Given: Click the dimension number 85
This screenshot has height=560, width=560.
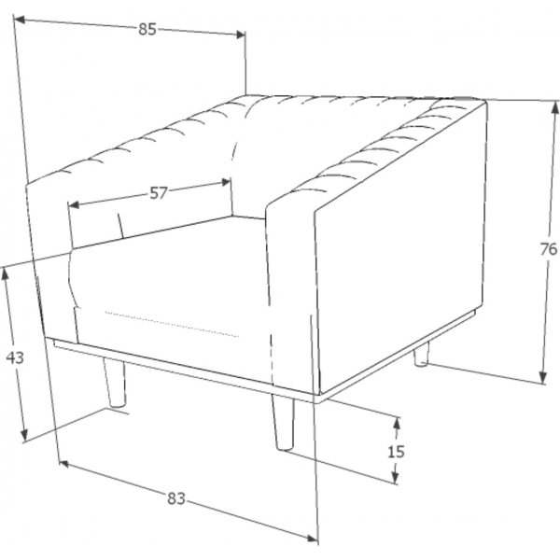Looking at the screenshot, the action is pyautogui.click(x=147, y=29).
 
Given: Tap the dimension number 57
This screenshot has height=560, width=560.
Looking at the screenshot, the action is pyautogui.click(x=159, y=193).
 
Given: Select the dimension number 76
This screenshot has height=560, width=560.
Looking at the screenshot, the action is pyautogui.click(x=549, y=249).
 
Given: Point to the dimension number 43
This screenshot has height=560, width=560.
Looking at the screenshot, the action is pyautogui.click(x=15, y=357).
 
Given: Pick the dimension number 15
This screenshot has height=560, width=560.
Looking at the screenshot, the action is pyautogui.click(x=396, y=452).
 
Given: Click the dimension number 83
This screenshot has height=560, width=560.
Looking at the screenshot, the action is pyautogui.click(x=176, y=498).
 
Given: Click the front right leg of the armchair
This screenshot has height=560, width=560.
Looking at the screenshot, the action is pyautogui.click(x=284, y=422).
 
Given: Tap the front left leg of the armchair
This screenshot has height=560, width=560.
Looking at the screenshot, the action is pyautogui.click(x=114, y=383).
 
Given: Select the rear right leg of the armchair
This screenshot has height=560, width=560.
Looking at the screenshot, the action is pyautogui.click(x=422, y=354).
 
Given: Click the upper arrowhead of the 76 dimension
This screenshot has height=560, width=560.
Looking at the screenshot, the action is pyautogui.click(x=555, y=107).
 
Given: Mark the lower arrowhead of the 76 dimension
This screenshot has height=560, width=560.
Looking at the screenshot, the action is pyautogui.click(x=543, y=377).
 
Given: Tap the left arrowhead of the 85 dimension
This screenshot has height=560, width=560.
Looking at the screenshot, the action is pyautogui.click(x=20, y=20).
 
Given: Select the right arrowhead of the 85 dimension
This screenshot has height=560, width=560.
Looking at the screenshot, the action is pyautogui.click(x=241, y=35).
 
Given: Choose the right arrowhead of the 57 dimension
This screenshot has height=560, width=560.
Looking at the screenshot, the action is pyautogui.click(x=226, y=182).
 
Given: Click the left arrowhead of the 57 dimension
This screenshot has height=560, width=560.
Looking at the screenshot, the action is pyautogui.click(x=73, y=204).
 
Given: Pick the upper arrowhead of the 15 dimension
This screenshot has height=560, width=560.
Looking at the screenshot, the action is pyautogui.click(x=397, y=423).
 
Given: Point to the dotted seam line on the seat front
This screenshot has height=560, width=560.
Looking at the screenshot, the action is pyautogui.click(x=172, y=324).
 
